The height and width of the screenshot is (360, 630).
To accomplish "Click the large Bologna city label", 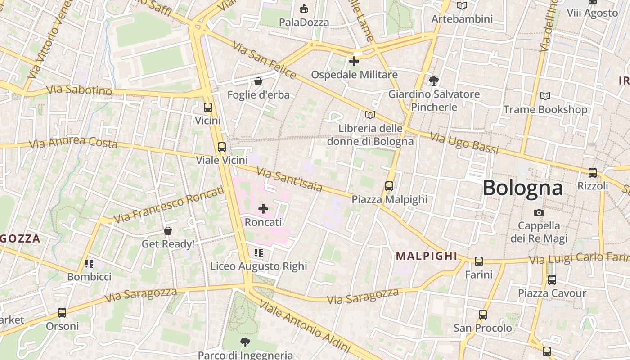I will (522, 188).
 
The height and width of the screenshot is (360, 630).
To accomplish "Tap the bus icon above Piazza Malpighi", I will (389, 186).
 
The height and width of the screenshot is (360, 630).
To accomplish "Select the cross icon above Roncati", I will (263, 209).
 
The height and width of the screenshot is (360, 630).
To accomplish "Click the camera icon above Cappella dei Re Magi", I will (539, 212).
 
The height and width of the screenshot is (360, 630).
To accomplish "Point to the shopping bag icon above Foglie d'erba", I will (258, 81).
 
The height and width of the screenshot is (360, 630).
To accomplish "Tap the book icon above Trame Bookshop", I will (545, 96).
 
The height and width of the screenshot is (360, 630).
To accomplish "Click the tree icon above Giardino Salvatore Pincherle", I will (434, 81).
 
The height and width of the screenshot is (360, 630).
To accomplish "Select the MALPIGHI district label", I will (426, 256).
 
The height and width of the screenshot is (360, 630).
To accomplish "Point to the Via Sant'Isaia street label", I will (289, 179).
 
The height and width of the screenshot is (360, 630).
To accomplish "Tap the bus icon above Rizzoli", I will (593, 172).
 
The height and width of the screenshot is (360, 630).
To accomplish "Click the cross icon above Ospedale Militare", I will (354, 61).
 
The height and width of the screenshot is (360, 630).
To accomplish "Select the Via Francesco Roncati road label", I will (168, 205).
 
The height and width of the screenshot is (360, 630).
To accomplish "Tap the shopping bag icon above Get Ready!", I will (168, 231).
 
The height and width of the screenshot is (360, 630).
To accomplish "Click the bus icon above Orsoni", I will (62, 313).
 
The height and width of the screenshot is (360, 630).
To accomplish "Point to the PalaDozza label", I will (304, 22).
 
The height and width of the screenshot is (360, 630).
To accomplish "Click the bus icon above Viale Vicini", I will (221, 147).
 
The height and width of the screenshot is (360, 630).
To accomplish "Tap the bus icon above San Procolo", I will (483, 315).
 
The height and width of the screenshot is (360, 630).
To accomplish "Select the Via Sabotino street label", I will (79, 90).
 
